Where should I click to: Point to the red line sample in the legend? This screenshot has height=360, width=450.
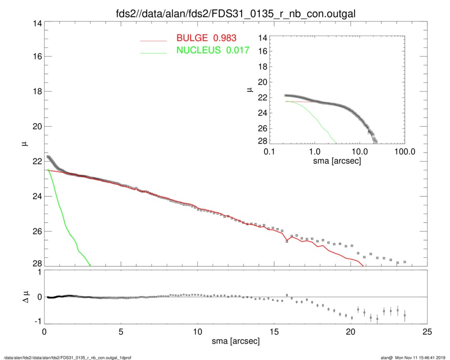click(153, 40)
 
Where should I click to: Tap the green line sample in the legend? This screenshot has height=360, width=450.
click(153, 52)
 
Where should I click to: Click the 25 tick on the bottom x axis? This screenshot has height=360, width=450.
click(427, 331)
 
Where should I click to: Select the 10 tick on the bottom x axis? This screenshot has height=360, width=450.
click(197, 331)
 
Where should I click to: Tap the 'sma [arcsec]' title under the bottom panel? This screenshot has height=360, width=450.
click(235, 342)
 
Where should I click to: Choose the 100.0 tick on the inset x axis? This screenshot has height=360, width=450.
click(404, 151)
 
